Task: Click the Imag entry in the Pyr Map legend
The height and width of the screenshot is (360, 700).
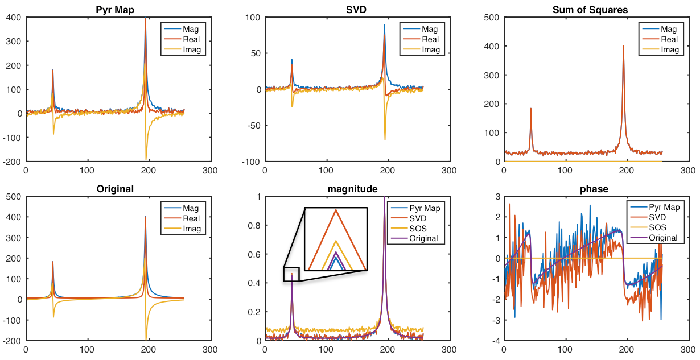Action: [x=192, y=50]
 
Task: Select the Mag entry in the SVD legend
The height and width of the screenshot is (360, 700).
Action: [x=431, y=29]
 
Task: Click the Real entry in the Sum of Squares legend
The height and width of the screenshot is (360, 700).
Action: [x=670, y=39]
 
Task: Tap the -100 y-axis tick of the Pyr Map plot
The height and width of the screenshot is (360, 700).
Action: [x=12, y=138]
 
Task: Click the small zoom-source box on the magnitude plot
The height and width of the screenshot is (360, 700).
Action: [x=291, y=274]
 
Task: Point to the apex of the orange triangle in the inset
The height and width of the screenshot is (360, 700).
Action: [x=336, y=210]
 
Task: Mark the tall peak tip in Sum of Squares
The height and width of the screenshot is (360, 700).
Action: [x=623, y=45]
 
